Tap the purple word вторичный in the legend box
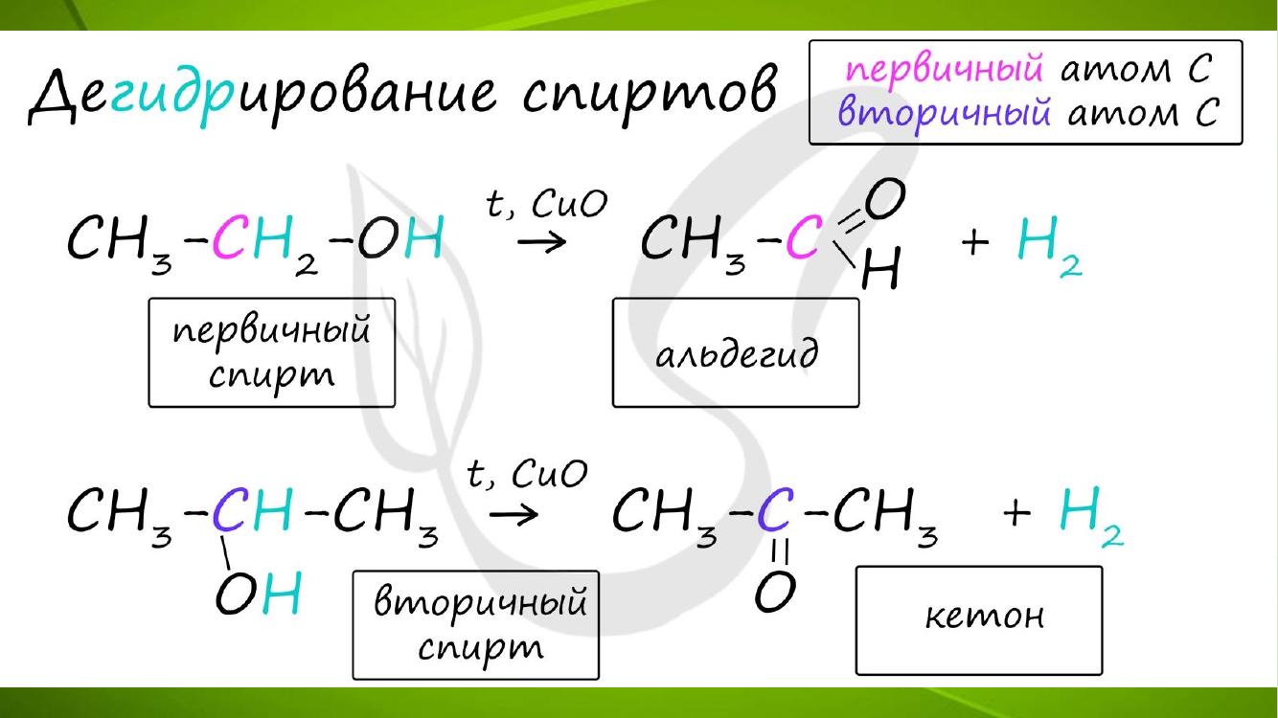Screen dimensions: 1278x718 pos(944,112)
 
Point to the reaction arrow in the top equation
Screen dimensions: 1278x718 pos(541,242)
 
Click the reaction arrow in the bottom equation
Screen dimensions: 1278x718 pos(513,515)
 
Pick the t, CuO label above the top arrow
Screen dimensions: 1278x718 pos(547,204)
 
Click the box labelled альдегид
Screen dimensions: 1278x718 pos(736,352)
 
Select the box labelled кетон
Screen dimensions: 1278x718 pos(979,620)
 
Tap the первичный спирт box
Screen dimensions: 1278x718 pos(271,352)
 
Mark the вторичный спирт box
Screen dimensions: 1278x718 pos(476,625)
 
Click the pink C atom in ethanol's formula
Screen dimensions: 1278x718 pos(231,237)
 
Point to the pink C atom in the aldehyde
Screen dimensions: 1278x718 pos(805,237)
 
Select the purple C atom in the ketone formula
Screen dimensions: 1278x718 pos(775,510)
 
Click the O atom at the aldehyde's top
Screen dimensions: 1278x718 pos(885,198)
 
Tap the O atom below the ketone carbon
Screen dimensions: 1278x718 pos(775,592)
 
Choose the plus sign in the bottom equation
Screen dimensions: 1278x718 pos(1016,511)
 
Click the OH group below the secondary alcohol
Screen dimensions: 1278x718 pos(258,593)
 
